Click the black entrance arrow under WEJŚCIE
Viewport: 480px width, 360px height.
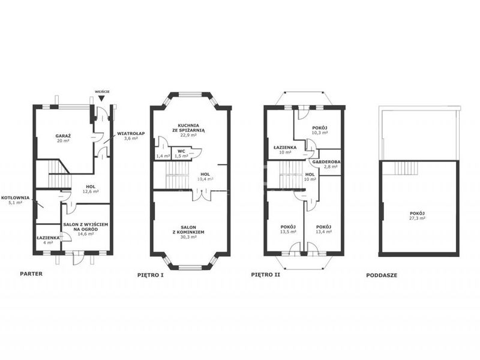(101, 98)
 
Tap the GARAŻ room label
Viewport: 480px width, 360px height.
(63, 136)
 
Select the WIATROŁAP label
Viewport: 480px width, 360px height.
(131, 133)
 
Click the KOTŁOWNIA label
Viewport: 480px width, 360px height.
(16, 198)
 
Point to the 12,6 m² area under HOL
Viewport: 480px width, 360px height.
(91, 191)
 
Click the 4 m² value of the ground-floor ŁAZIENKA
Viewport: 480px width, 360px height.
(48, 242)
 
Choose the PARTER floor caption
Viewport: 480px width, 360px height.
(31, 274)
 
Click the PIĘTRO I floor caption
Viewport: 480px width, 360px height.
(151, 275)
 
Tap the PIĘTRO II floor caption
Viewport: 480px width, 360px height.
(265, 275)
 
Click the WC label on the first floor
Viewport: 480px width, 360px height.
(181, 151)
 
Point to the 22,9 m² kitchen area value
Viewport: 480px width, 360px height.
(188, 135)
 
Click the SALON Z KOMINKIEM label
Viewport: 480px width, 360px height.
(188, 230)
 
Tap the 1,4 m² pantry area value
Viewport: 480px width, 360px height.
(163, 156)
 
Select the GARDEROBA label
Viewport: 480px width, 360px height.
(326, 162)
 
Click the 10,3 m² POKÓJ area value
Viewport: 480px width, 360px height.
(320, 133)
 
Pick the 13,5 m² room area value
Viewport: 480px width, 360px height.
(288, 232)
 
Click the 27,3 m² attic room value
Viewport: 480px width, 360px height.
(417, 218)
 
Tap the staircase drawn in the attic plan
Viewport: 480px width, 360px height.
(406, 168)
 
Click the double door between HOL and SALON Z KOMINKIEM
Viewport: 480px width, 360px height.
(202, 194)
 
